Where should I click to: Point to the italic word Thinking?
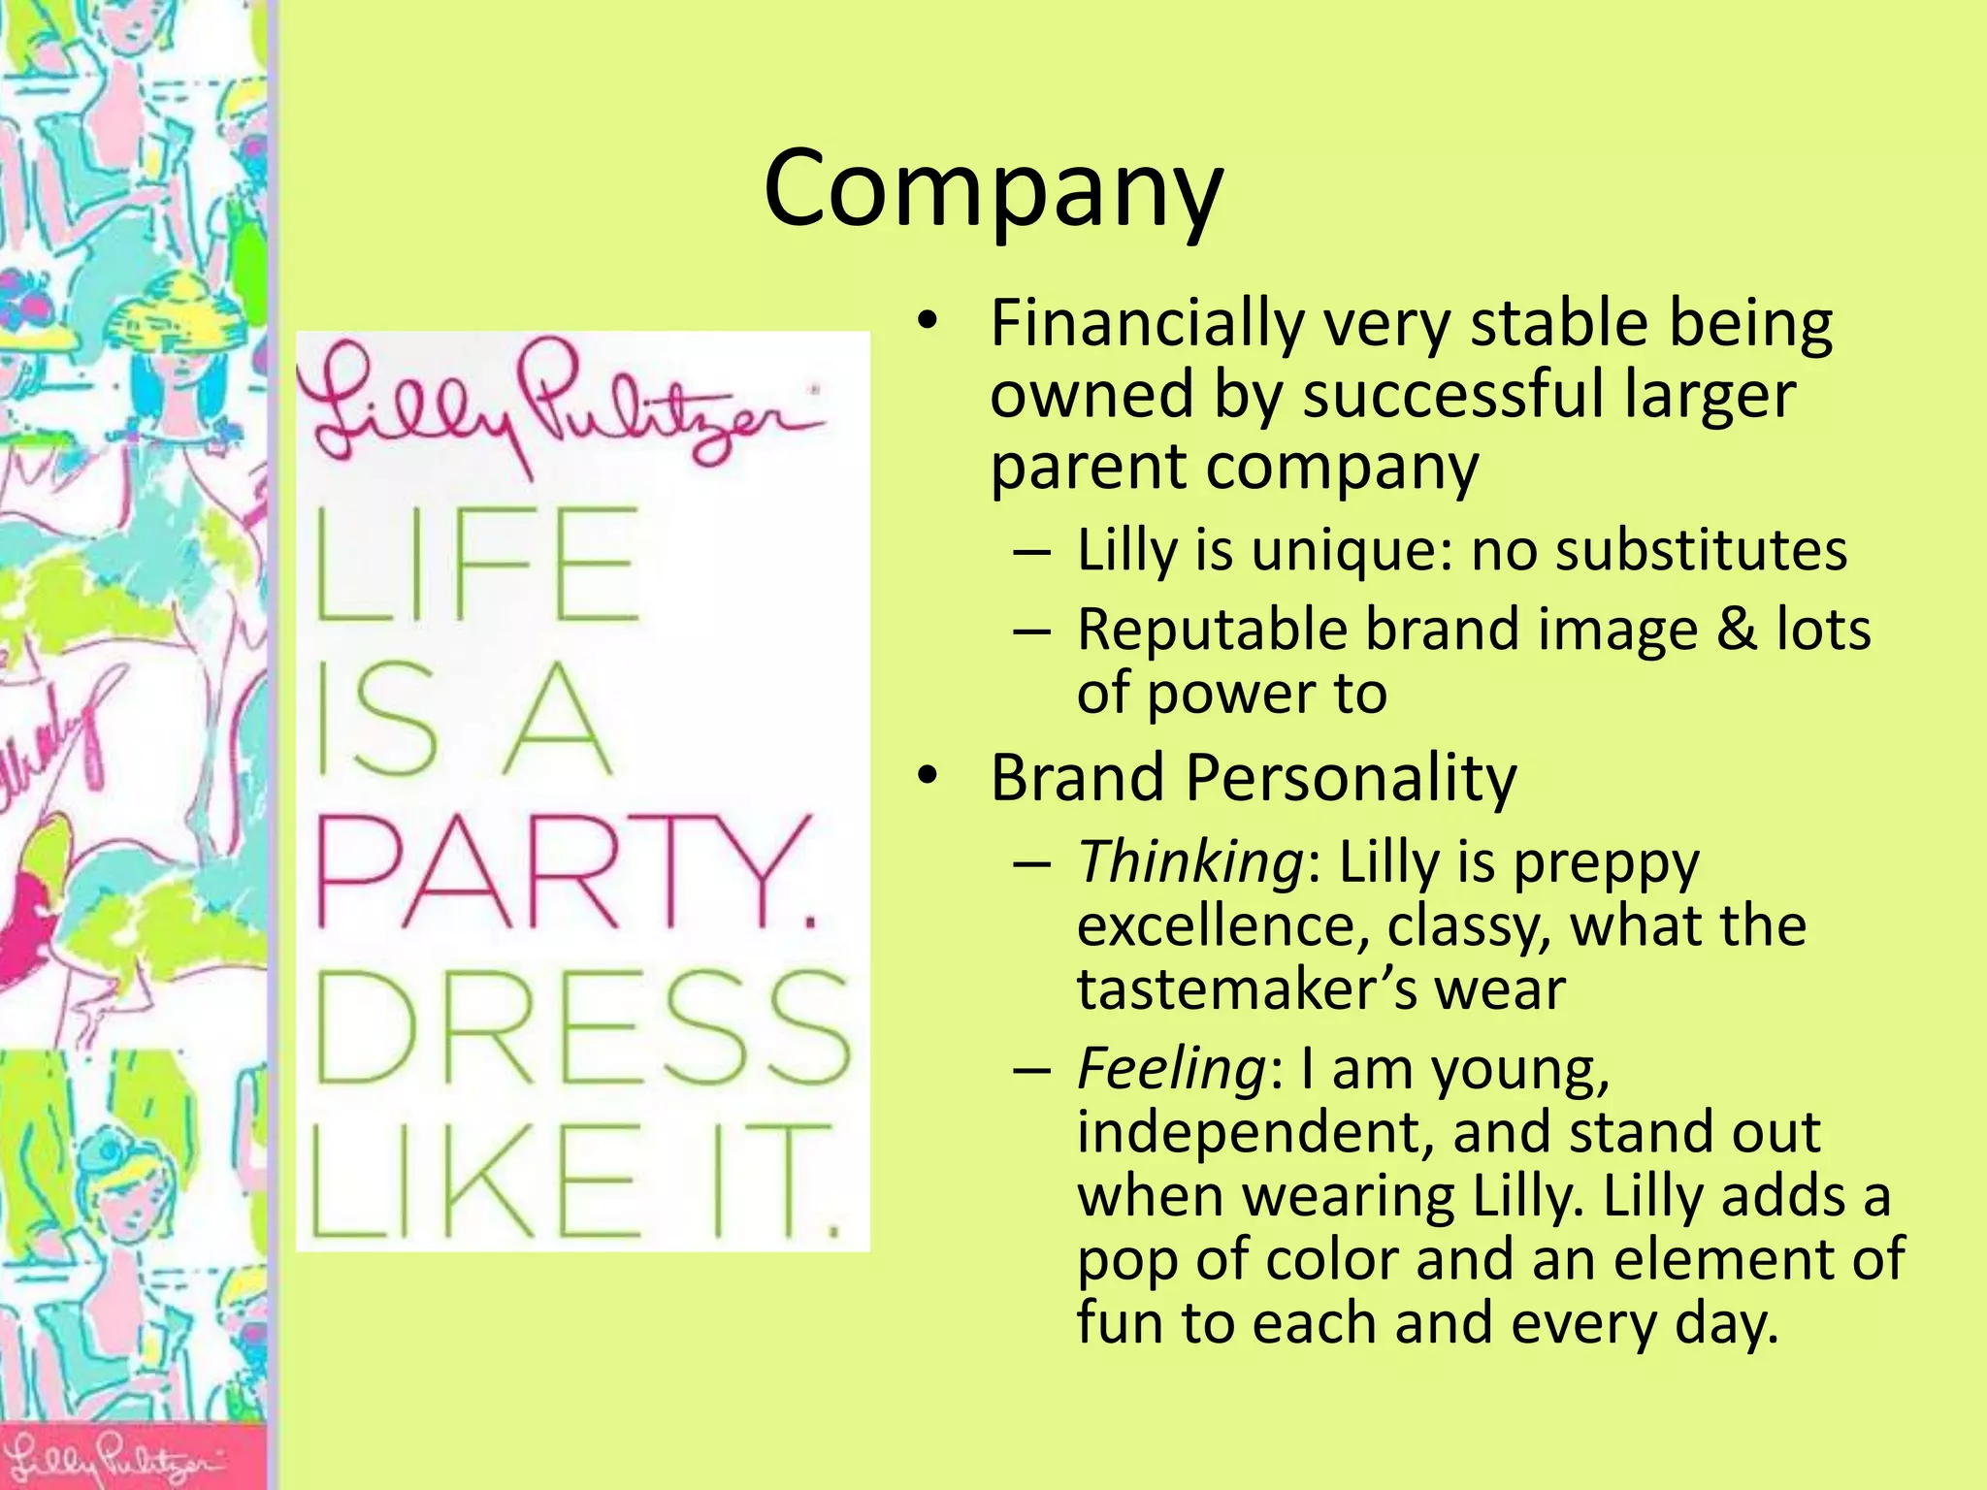pyautogui.click(x=1190, y=861)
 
